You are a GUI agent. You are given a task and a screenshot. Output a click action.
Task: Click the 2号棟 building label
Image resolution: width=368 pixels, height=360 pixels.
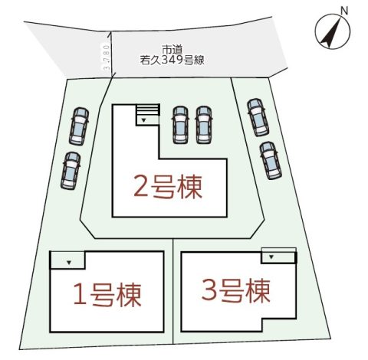point(168,187)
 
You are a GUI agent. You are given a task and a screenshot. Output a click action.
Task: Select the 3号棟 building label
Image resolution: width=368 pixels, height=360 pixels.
point(236,290)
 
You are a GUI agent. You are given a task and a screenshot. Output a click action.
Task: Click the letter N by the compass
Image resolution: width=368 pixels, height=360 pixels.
point(344,11)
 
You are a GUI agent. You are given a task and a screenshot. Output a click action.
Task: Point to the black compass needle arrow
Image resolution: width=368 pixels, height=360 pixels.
point(330,32)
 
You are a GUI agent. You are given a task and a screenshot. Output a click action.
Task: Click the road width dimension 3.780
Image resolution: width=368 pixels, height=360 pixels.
point(107,57)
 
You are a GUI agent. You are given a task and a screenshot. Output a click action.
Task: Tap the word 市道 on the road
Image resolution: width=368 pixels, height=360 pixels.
point(172,50)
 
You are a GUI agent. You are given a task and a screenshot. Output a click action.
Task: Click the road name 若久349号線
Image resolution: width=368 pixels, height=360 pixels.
point(172,61)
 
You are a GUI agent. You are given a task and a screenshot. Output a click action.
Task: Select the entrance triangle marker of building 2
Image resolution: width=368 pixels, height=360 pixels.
point(143,120)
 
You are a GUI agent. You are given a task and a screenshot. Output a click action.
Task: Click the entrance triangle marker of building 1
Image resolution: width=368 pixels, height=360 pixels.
point(69,262)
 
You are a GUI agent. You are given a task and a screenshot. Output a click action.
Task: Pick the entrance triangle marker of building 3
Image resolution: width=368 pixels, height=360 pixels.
point(271,257)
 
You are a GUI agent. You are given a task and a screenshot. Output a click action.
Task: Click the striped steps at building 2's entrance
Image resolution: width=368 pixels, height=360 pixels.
point(148,110)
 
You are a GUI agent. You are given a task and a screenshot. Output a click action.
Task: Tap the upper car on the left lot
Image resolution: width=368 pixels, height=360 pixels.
point(79,126)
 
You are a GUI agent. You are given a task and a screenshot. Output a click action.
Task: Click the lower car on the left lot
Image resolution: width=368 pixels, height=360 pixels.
point(71,171)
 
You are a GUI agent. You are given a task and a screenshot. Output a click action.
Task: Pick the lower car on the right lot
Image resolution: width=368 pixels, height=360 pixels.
point(271,161)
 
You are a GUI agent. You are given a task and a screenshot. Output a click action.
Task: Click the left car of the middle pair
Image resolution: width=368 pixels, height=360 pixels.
point(180,125)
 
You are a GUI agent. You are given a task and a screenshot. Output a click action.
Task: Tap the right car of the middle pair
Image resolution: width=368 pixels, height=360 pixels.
point(204,125)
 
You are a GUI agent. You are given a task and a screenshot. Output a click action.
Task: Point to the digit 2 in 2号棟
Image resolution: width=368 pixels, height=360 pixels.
point(140,188)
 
